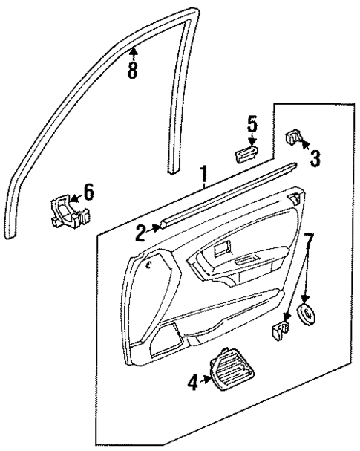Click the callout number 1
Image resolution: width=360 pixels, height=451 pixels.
tap(203, 175)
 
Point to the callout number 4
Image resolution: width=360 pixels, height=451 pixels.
tap(193, 383)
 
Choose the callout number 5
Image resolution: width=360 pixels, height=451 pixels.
tap(252, 124)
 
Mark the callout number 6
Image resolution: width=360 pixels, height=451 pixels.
tap(88, 192)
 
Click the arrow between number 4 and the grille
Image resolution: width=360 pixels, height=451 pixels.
tap(207, 383)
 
